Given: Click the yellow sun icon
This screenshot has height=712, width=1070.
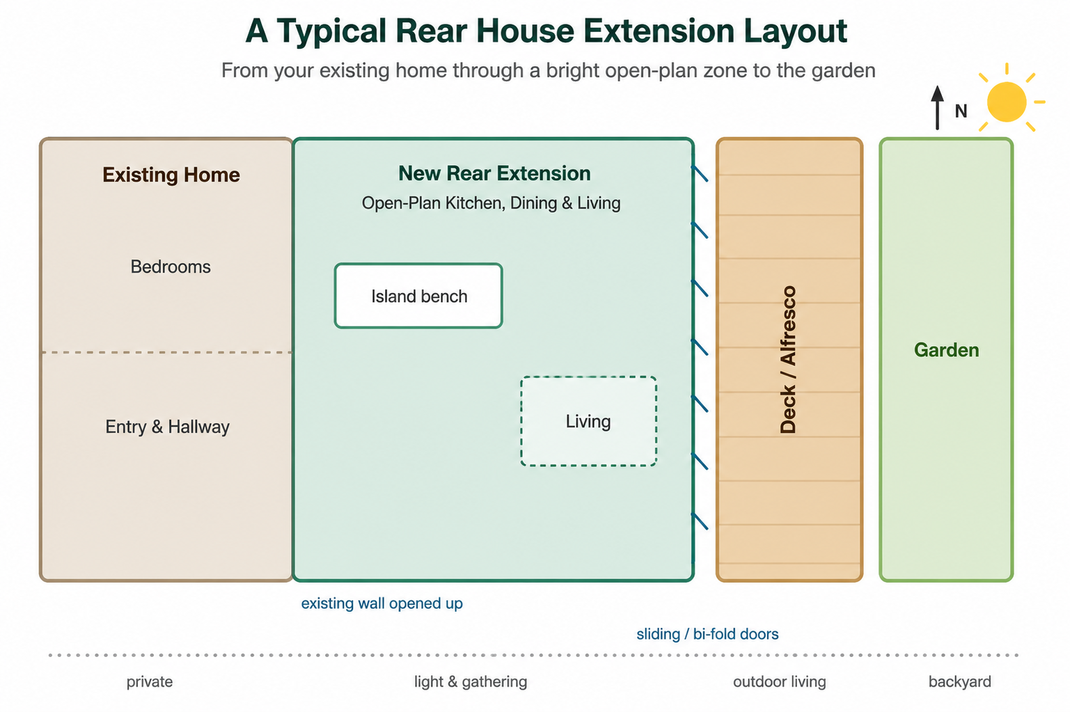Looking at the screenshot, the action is [x=1007, y=101].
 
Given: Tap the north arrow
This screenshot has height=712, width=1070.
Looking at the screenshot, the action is [x=937, y=107].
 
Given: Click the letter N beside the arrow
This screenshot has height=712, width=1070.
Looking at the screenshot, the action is [x=961, y=111].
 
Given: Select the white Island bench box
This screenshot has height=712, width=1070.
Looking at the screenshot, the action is [x=418, y=296].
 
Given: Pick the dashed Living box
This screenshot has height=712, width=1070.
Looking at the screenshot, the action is [x=588, y=420].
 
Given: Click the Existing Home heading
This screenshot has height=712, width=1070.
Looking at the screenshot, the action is [x=171, y=175].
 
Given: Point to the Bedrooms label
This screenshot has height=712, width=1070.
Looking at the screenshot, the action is [x=171, y=267].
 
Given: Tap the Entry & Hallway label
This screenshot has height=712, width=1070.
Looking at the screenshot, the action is [x=167, y=427].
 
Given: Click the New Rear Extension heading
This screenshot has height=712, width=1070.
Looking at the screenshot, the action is [x=494, y=173].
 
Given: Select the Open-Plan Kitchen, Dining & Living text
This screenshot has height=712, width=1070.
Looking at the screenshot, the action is [x=491, y=203].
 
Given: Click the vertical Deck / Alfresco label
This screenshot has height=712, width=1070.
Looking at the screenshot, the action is [x=788, y=360].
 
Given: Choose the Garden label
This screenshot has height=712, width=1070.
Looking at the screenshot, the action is [x=946, y=350].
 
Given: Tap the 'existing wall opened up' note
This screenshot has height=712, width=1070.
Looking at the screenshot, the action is [x=381, y=603].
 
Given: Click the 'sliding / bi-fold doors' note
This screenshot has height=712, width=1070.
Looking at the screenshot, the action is [x=707, y=633].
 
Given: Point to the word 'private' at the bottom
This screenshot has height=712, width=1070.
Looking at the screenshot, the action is [x=150, y=681].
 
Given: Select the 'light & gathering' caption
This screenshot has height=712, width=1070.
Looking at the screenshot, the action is [x=471, y=681].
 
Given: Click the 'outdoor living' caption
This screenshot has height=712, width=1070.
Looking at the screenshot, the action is [x=780, y=681].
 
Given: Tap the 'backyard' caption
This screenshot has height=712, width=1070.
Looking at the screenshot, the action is [x=959, y=681].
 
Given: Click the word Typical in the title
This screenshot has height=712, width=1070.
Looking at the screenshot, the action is [x=331, y=31].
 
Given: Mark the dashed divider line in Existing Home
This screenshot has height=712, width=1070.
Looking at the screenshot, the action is [x=166, y=352].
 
